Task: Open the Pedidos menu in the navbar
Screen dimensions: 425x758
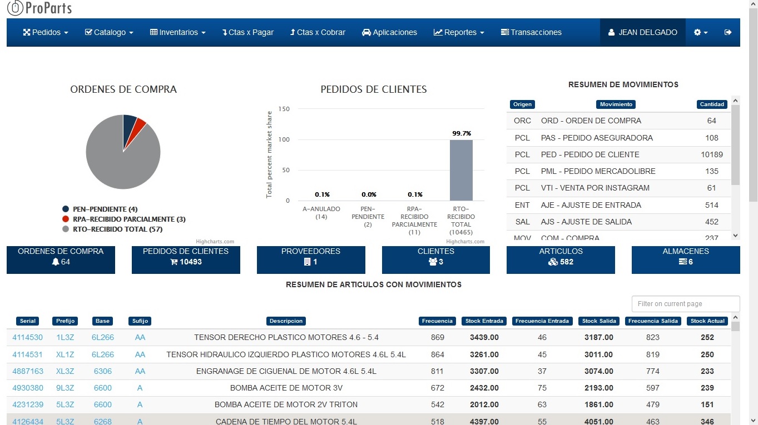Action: [46, 32]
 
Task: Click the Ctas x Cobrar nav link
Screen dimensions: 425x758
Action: [318, 32]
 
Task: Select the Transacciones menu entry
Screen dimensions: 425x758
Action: [531, 32]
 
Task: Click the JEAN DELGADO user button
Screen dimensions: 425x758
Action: [643, 32]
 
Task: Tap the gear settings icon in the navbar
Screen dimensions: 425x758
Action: [700, 32]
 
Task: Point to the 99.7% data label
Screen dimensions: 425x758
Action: [461, 133]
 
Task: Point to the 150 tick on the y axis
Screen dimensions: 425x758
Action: [284, 109]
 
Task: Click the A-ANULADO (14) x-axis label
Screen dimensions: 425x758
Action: [321, 213]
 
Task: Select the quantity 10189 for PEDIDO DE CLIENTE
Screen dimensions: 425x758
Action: [712, 154]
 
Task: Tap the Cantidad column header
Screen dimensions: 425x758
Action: [712, 104]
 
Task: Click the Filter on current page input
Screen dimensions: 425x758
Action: [686, 304]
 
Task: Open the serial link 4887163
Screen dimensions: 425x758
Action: [28, 371]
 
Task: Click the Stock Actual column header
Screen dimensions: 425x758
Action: [707, 321]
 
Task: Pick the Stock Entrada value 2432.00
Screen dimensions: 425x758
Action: [484, 388]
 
